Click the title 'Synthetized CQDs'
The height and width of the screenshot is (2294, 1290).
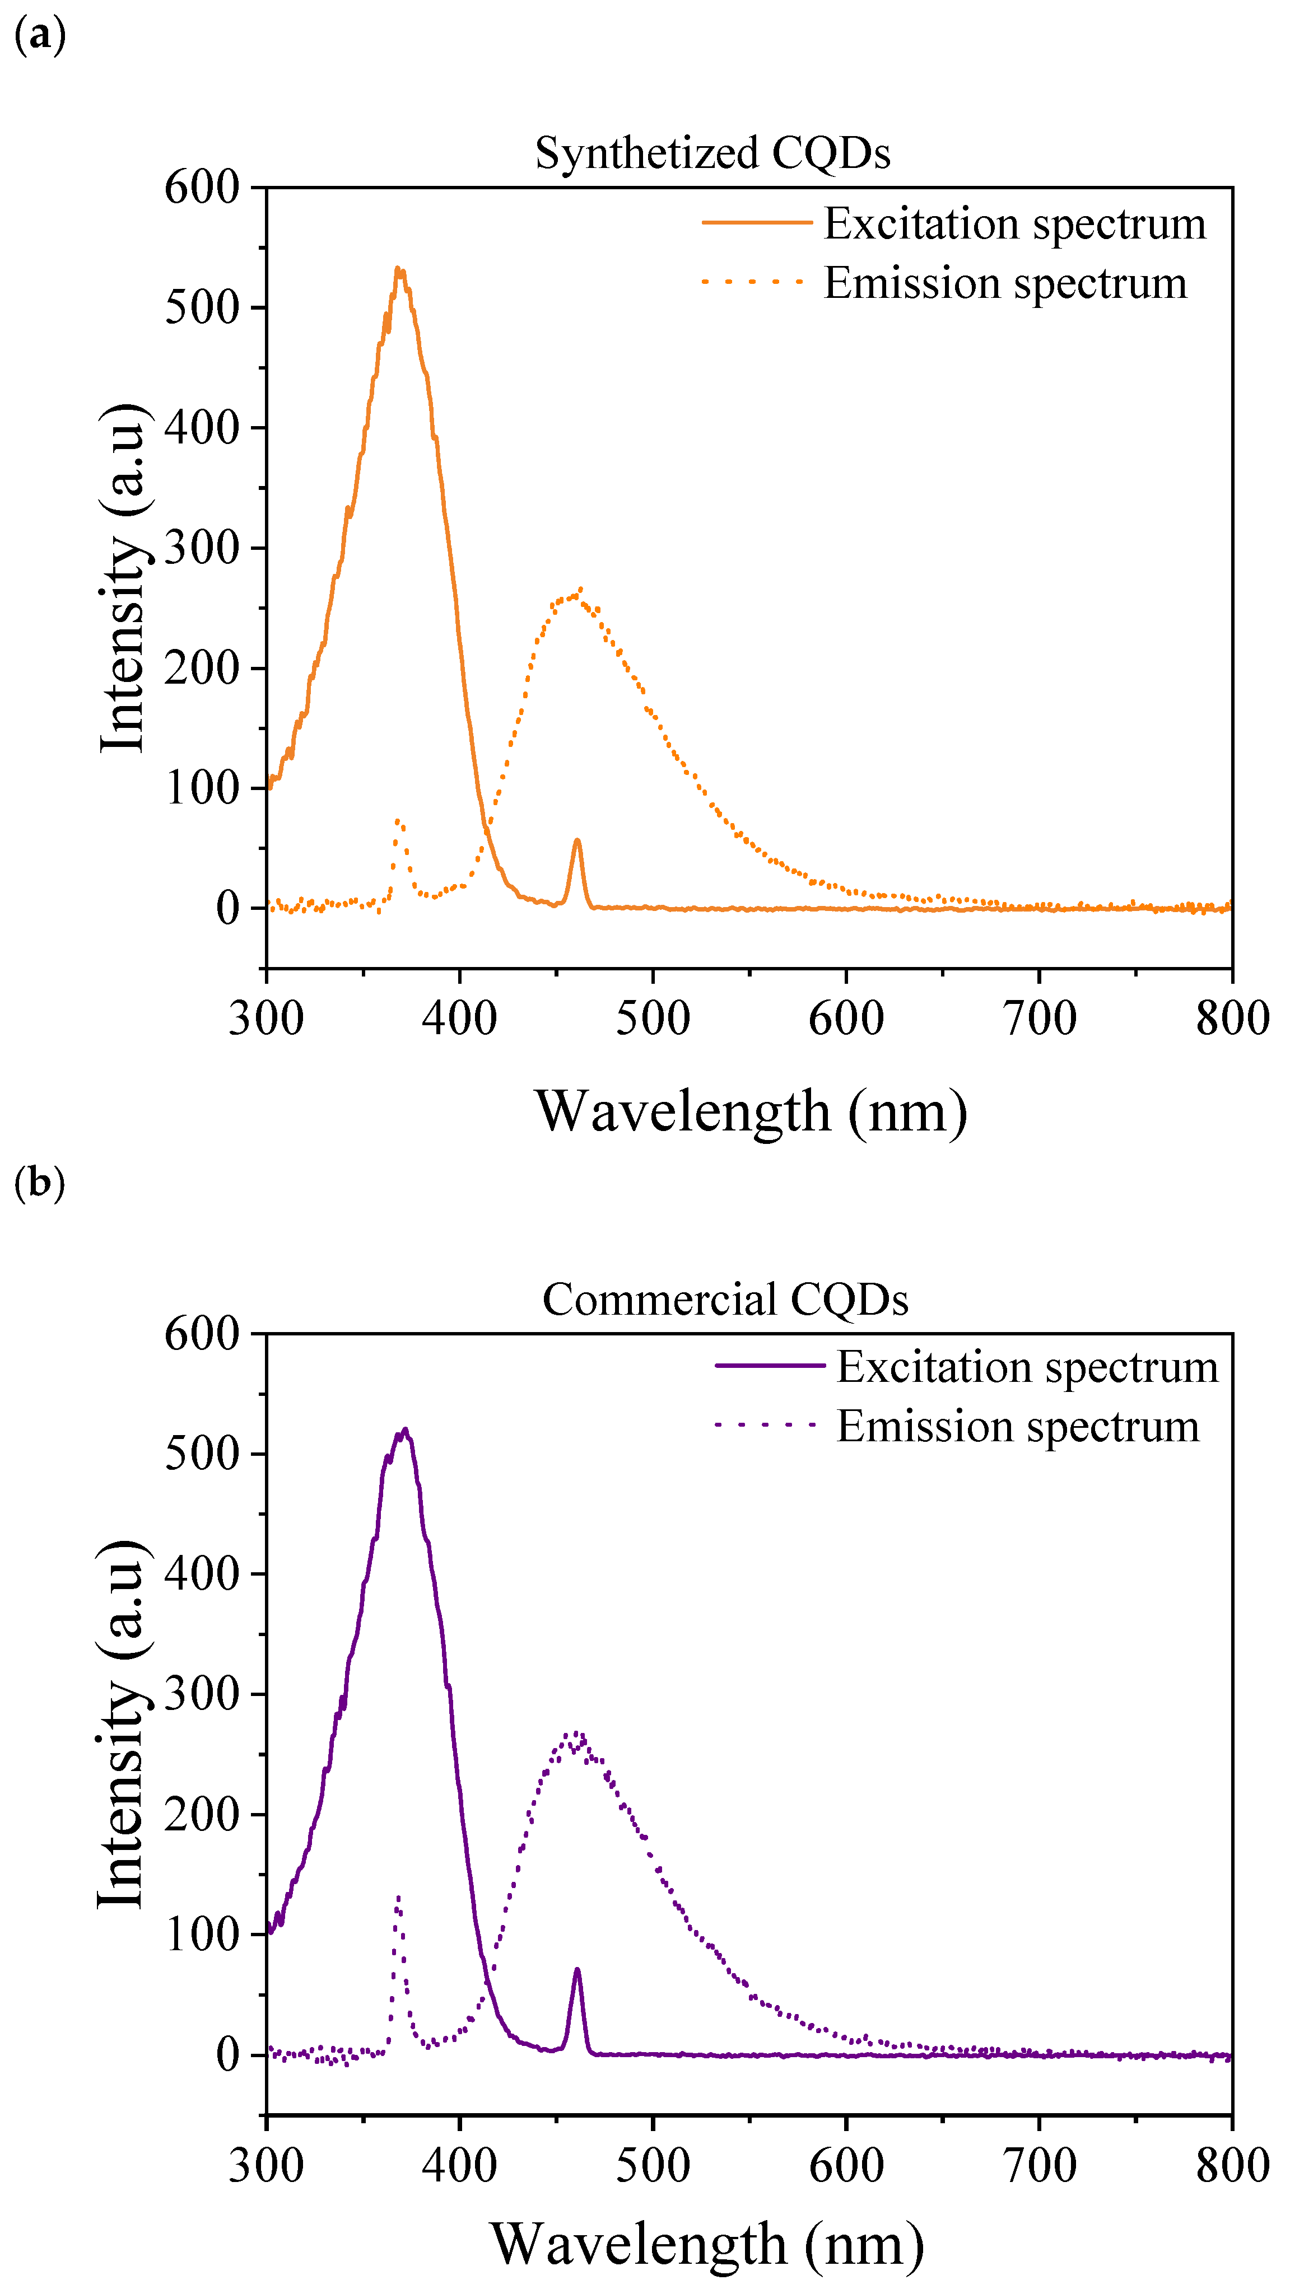712,153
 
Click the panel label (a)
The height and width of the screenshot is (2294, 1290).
40,36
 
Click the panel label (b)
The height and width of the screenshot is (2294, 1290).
40,1183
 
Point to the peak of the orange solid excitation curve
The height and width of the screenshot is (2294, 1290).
398,269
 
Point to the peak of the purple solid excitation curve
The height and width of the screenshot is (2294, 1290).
406,1430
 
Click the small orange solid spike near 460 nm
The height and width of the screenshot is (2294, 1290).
578,840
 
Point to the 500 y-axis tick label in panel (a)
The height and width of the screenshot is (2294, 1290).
202,308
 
